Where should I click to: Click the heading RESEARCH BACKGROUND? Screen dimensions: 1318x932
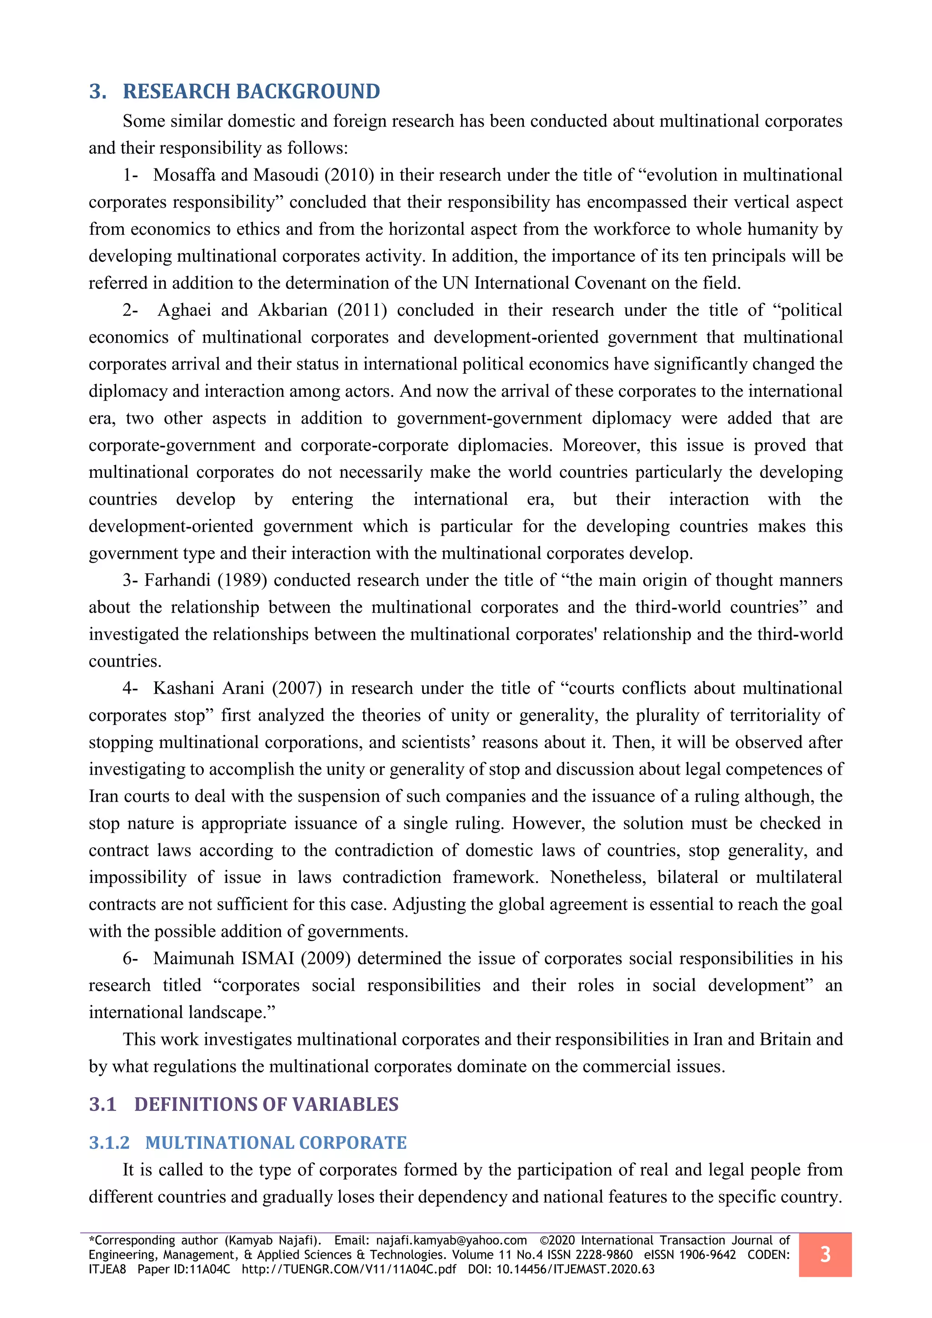(251, 92)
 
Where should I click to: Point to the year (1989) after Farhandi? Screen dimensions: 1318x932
(242, 580)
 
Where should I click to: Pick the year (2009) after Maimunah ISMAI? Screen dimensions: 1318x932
(325, 958)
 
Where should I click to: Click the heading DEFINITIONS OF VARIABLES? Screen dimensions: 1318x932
(266, 1104)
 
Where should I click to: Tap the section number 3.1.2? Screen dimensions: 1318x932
(109, 1142)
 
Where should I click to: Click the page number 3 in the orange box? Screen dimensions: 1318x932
(825, 1254)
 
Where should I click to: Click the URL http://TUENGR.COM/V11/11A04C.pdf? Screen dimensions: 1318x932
(348, 1269)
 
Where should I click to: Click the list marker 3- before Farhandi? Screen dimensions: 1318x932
(130, 580)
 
